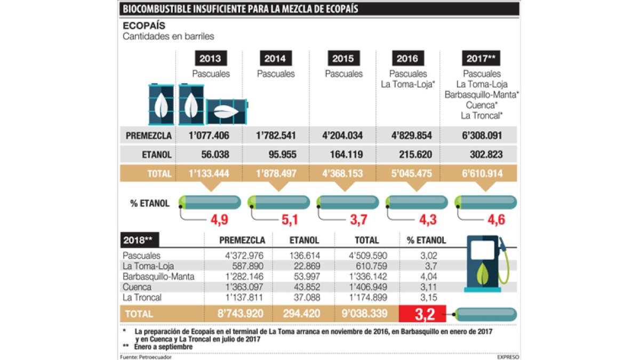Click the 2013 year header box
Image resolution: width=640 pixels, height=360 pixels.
pos(211,58)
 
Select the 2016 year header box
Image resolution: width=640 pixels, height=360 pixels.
pos(407,58)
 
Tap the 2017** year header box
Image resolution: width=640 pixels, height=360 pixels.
pos(481,58)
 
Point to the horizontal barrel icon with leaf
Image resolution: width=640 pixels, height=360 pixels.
pos(227,111)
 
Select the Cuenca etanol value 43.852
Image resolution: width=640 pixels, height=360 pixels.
pos(304,287)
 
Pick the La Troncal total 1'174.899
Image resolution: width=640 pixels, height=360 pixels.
pos(372,297)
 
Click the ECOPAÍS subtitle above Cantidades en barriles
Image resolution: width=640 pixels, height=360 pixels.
pos(143,26)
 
